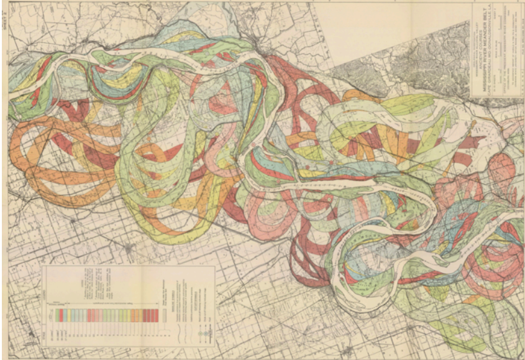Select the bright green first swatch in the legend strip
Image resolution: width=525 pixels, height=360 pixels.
point(57,315)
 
